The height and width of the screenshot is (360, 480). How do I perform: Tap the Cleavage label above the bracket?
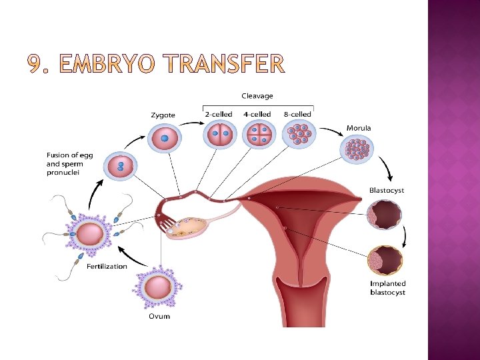click(x=257, y=97)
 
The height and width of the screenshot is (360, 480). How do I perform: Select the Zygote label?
click(x=163, y=115)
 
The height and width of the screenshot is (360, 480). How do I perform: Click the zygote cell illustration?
click(x=163, y=139)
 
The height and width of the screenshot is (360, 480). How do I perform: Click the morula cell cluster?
click(x=358, y=150)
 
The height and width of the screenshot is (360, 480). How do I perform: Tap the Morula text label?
click(x=359, y=127)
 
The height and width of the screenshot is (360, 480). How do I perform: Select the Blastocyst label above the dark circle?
click(x=387, y=191)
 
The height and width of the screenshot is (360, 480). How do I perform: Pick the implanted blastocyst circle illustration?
click(x=385, y=261)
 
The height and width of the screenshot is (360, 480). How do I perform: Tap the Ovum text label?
click(x=159, y=316)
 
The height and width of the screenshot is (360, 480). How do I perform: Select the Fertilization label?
click(x=107, y=266)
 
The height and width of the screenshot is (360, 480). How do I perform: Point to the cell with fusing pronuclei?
click(x=120, y=167)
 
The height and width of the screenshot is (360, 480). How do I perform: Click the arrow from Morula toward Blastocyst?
click(x=387, y=169)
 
